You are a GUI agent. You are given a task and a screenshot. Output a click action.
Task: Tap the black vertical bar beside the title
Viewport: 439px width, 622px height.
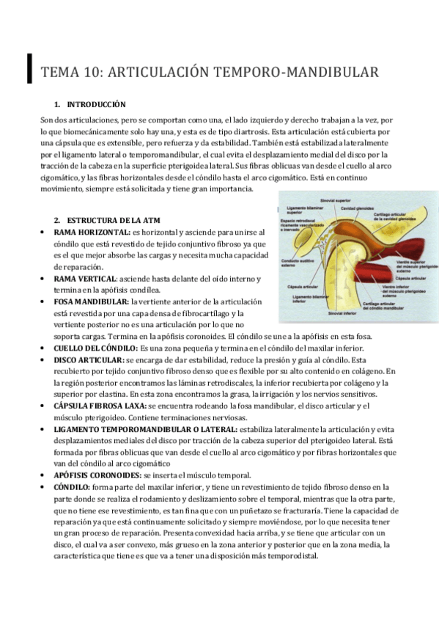tap(29, 68)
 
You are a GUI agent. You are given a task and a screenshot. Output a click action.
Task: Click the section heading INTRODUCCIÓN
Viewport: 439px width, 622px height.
tap(96, 105)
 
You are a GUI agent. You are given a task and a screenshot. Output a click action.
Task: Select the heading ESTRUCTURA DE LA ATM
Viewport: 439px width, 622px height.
tap(113, 220)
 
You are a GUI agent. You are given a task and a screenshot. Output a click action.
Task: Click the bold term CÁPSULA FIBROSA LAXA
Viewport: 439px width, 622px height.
tap(100, 406)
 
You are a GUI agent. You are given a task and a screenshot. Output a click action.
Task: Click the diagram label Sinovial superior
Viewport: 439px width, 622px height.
tap(338, 200)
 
